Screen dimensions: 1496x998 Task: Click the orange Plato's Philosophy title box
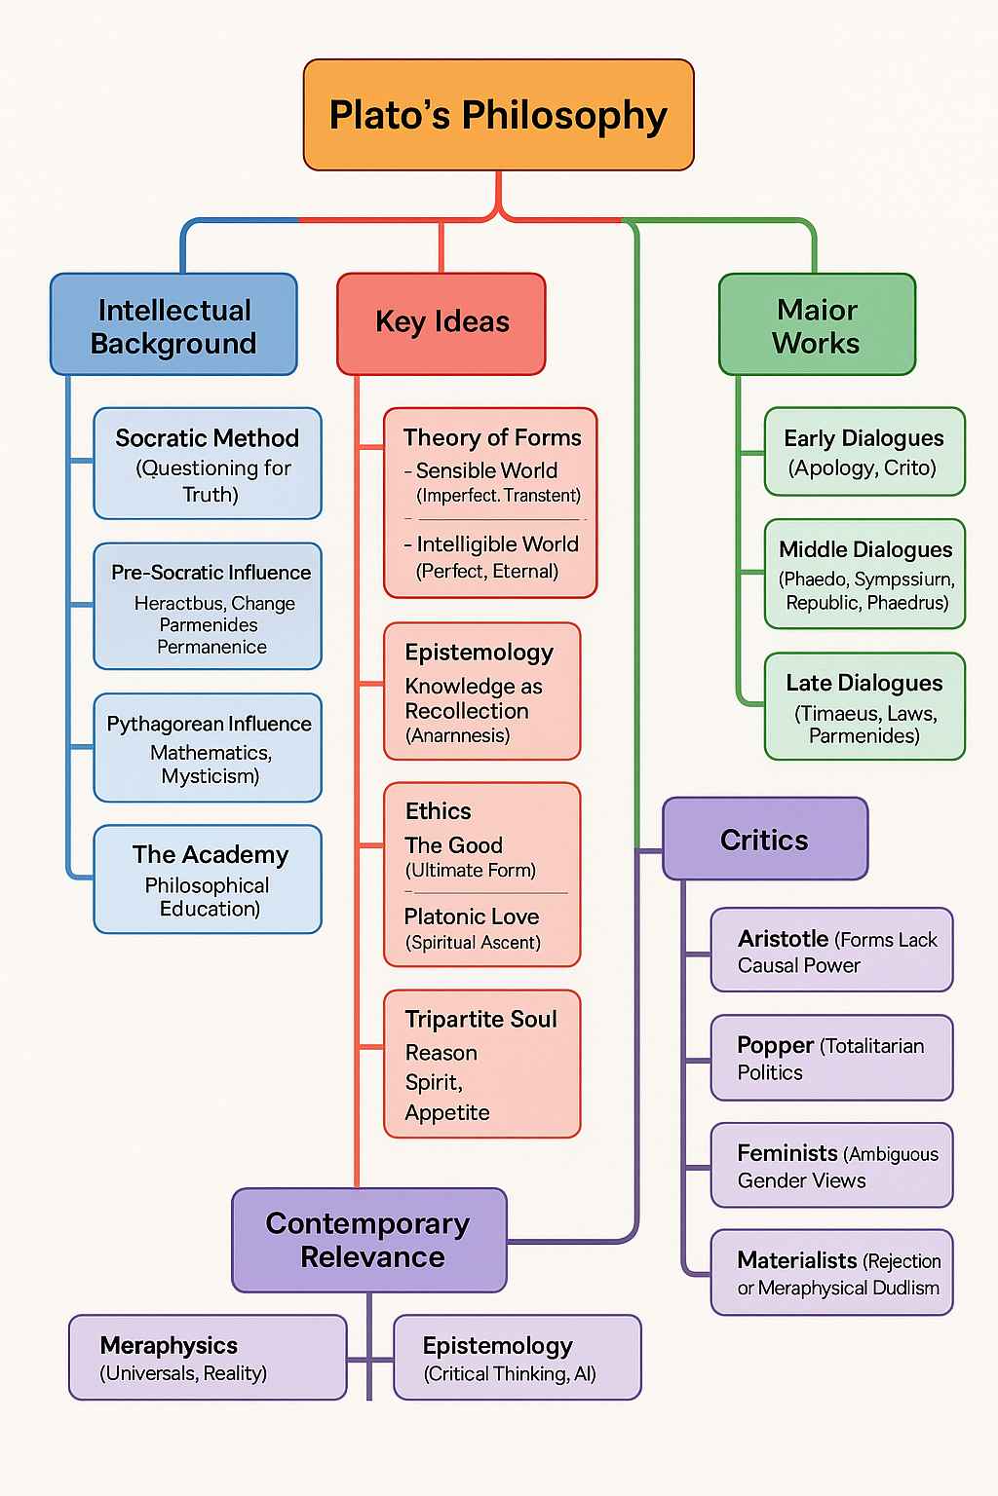pyautogui.click(x=498, y=115)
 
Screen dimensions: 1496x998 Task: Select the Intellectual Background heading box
pyautogui.click(x=173, y=325)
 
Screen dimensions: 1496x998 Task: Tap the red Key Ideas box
pyautogui.click(x=441, y=323)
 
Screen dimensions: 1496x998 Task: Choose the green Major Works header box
pyautogui.click(x=817, y=325)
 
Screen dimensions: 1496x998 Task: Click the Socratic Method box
pyautogui.click(x=208, y=464)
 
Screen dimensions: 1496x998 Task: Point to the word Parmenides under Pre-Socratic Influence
pyautogui.click(x=209, y=625)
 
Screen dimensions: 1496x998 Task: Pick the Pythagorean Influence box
pyautogui.click(x=208, y=748)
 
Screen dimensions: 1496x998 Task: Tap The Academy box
pyautogui.click(x=208, y=879)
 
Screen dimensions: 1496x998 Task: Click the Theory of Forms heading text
pyautogui.click(x=492, y=438)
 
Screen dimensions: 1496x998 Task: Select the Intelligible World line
pyautogui.click(x=497, y=544)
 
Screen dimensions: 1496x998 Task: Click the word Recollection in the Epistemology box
pyautogui.click(x=467, y=711)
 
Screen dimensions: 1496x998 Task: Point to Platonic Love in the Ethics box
pyautogui.click(x=472, y=916)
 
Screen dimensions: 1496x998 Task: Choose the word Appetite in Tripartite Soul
pyautogui.click(x=447, y=1112)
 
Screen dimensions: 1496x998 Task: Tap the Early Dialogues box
pyautogui.click(x=864, y=452)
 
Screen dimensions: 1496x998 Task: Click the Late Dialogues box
pyautogui.click(x=864, y=707)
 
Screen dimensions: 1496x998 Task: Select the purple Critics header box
pyautogui.click(x=765, y=840)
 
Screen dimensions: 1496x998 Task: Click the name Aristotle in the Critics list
pyautogui.click(x=783, y=939)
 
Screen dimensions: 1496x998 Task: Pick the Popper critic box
pyautogui.click(x=831, y=1058)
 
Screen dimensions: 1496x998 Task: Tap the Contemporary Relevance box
pyautogui.click(x=369, y=1240)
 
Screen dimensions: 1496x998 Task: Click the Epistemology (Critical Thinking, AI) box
pyautogui.click(x=517, y=1358)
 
